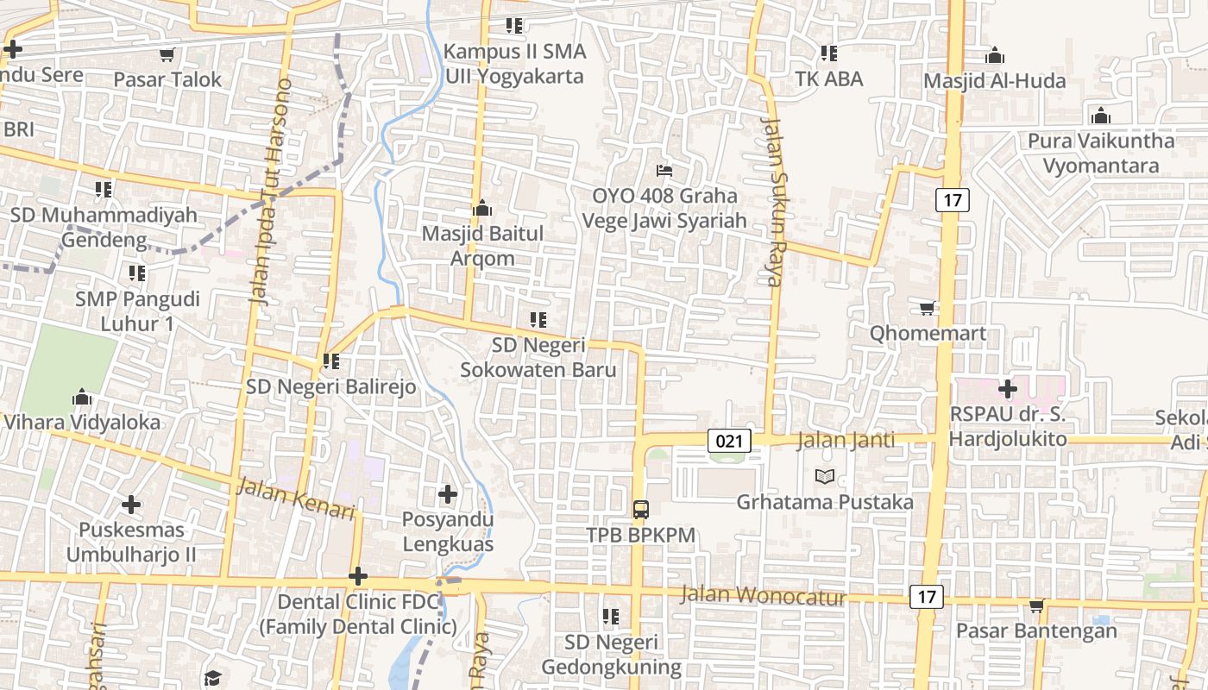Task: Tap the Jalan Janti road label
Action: point(846,440)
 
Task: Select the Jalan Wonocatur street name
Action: point(763,595)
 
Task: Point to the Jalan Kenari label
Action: point(297,499)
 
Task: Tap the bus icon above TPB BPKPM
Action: point(641,509)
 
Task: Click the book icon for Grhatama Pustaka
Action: point(825,476)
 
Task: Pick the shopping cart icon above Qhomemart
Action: point(928,308)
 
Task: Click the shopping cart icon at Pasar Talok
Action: point(167,54)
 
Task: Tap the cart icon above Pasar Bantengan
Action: point(1036,605)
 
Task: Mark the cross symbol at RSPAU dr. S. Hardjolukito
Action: point(1007,389)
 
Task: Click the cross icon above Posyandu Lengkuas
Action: point(447,494)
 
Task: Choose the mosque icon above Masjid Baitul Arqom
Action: point(482,208)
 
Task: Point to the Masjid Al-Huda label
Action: point(995,81)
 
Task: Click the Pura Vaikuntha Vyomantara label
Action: point(1100,153)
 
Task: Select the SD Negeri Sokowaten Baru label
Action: point(538,357)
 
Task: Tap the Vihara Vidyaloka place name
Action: point(82,422)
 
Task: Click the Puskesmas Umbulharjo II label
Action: point(131,542)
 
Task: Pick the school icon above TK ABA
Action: point(829,53)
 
